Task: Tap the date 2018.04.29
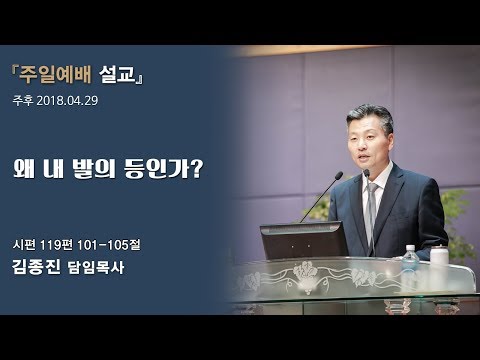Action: (68, 101)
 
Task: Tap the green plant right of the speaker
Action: (462, 216)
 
